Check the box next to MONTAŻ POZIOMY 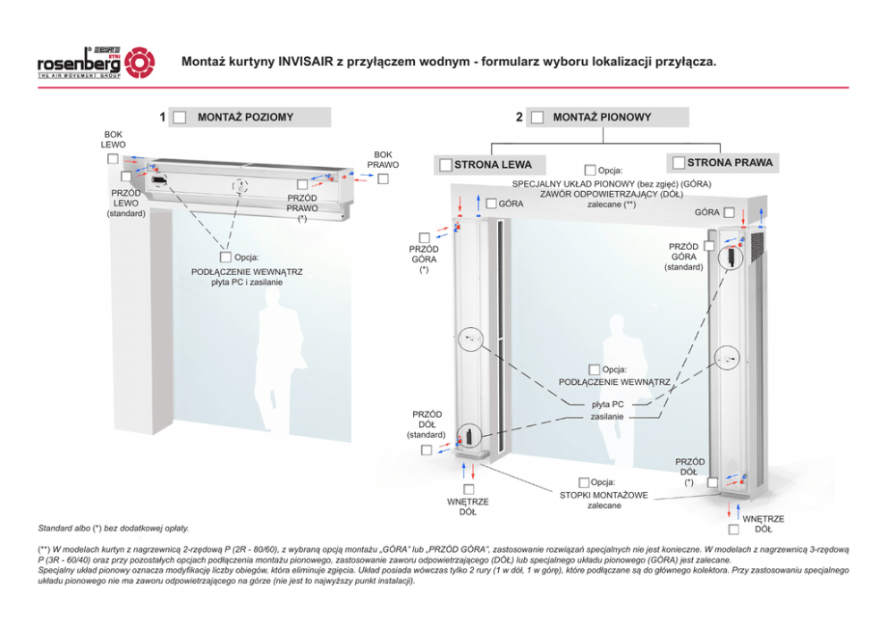click(x=180, y=118)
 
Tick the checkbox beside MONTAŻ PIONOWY click(x=537, y=118)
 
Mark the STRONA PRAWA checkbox click(x=679, y=163)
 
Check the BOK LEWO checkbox click(x=113, y=159)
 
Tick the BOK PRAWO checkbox click(x=383, y=179)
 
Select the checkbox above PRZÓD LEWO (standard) click(x=126, y=177)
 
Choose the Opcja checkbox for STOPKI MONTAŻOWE click(x=584, y=483)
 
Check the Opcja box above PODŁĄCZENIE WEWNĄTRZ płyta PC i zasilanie click(x=226, y=258)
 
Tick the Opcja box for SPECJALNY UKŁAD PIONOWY click(x=590, y=170)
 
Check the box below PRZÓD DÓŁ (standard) click(x=426, y=449)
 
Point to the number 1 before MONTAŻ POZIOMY click(x=163, y=117)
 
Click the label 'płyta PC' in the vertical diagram click(x=608, y=404)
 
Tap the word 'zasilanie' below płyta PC click(x=607, y=416)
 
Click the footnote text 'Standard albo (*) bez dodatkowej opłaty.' click(x=114, y=529)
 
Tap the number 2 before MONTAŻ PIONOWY click(x=520, y=117)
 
